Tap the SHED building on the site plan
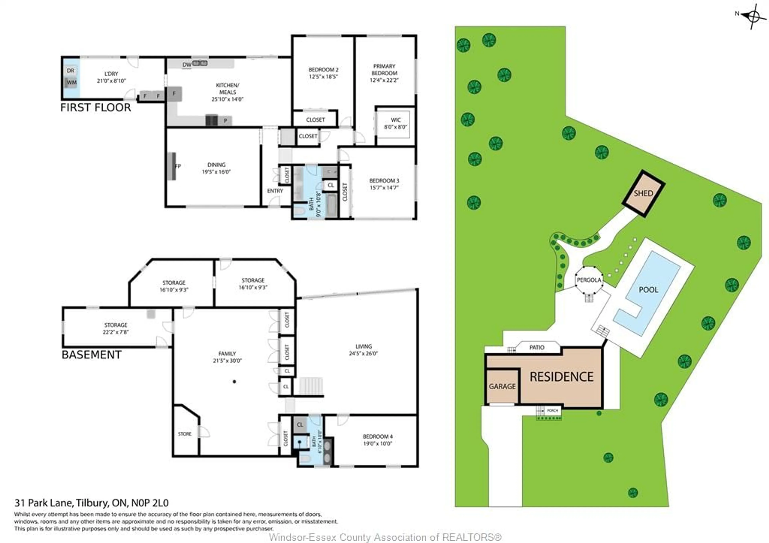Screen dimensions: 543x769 pos(643,194)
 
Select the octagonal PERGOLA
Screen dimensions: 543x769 pos(589,280)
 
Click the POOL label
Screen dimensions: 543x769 pos(648,290)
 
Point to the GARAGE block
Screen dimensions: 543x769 pos(502,386)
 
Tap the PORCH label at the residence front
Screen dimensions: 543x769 pos(552,410)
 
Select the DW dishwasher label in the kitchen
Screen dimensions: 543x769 pos(187,65)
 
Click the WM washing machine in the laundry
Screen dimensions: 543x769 pos(71,82)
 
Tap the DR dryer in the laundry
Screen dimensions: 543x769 pos(70,71)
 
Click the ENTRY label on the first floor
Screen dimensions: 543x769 pos(275,191)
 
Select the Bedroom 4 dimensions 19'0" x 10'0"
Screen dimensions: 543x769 pos(377,443)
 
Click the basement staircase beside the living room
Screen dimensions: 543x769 pos(311,386)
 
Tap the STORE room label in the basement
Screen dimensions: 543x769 pos(185,434)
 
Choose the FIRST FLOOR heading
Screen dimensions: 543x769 pos(96,108)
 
